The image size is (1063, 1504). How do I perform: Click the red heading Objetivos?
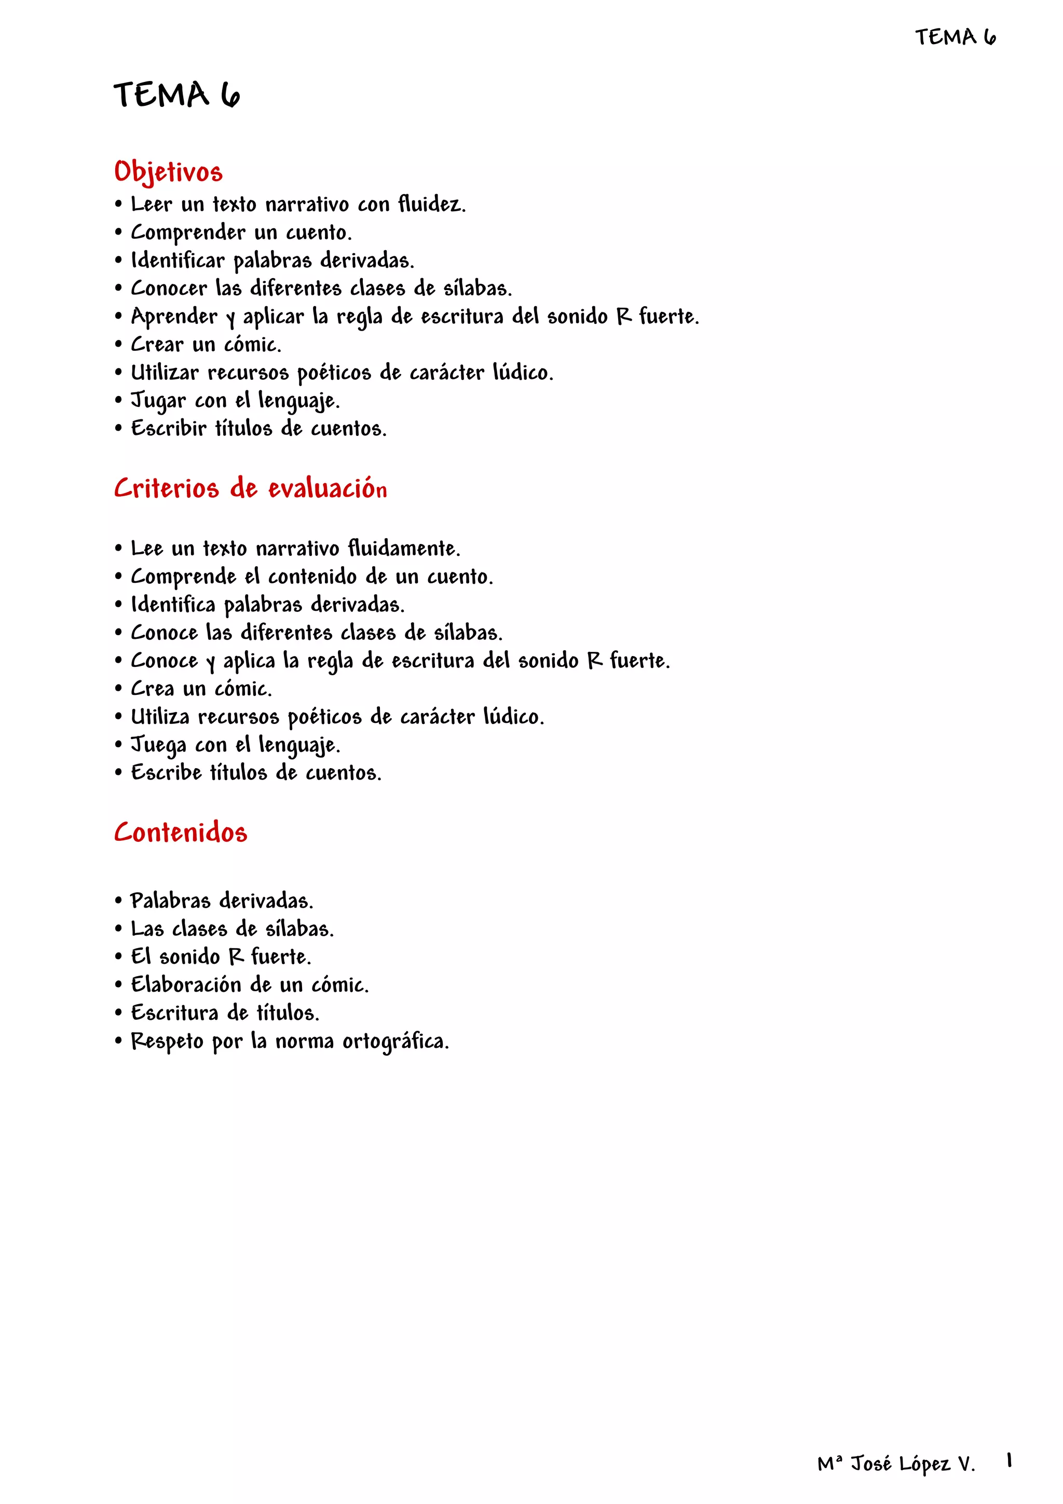point(168,172)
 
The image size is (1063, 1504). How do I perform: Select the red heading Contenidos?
point(181,832)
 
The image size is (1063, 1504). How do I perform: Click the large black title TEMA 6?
point(177,95)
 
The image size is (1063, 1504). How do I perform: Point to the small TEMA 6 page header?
point(956,37)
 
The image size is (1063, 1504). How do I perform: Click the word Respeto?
point(167,1042)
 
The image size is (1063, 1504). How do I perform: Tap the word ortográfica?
point(396,1042)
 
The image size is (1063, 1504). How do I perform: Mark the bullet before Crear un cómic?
point(118,345)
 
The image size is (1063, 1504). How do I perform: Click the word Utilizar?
point(165,373)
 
